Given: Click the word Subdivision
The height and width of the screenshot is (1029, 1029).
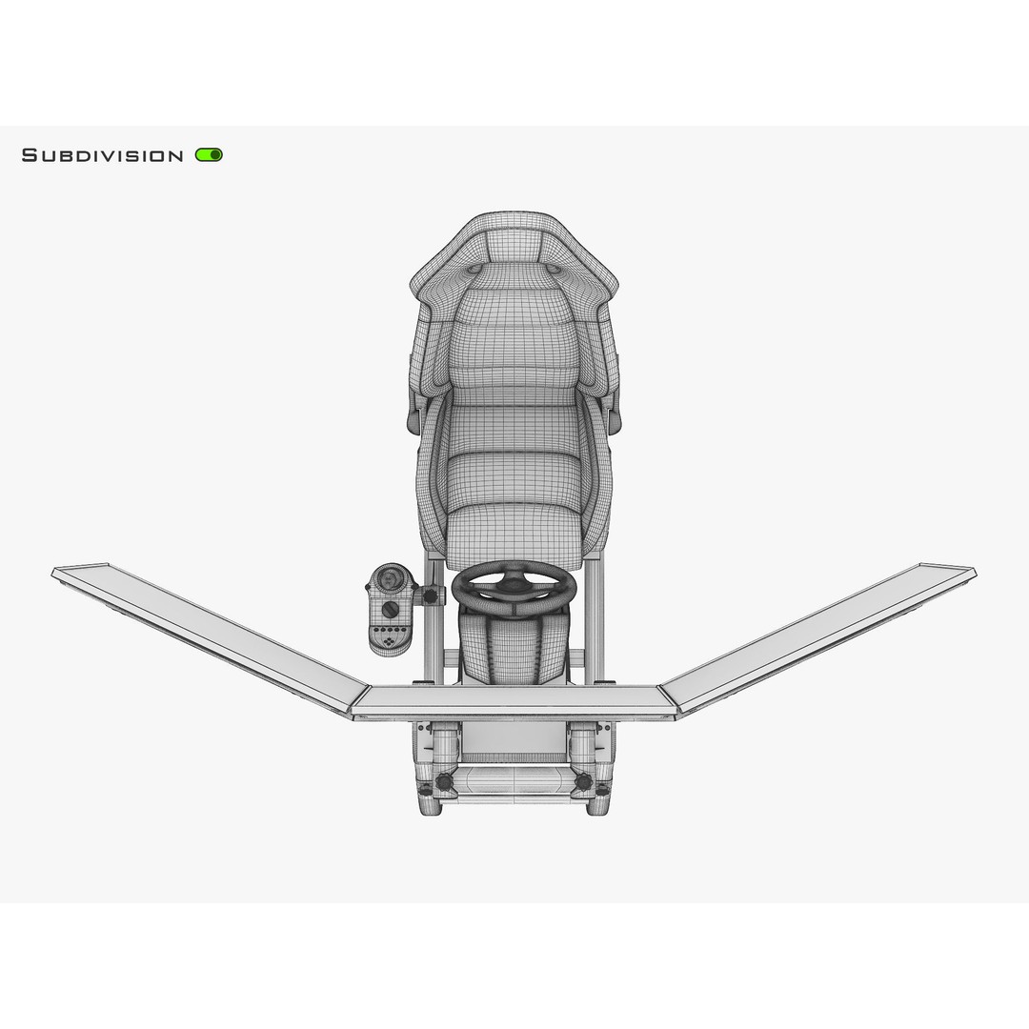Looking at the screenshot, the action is (102, 155).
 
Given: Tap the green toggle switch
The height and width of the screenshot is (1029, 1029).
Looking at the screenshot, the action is (209, 155).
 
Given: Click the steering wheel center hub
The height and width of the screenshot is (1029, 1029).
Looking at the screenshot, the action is (514, 579).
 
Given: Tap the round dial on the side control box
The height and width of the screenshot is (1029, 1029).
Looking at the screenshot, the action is (390, 580).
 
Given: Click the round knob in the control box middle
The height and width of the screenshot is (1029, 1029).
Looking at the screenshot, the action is (390, 609).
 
